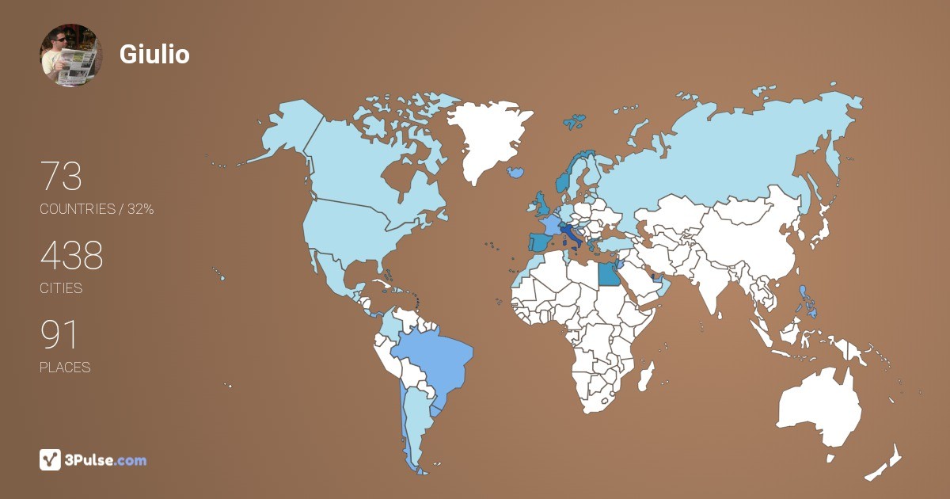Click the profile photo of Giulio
[x=71, y=55]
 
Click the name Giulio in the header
[x=154, y=54]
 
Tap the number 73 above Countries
[x=61, y=177]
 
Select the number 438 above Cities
[x=72, y=256]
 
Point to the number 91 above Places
[x=59, y=335]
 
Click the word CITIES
[x=61, y=288]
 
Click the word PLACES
[x=65, y=368]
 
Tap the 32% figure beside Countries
[x=140, y=209]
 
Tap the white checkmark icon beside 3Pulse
[x=50, y=459]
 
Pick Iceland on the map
[x=516, y=171]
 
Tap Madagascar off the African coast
[x=647, y=376]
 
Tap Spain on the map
[x=538, y=242]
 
